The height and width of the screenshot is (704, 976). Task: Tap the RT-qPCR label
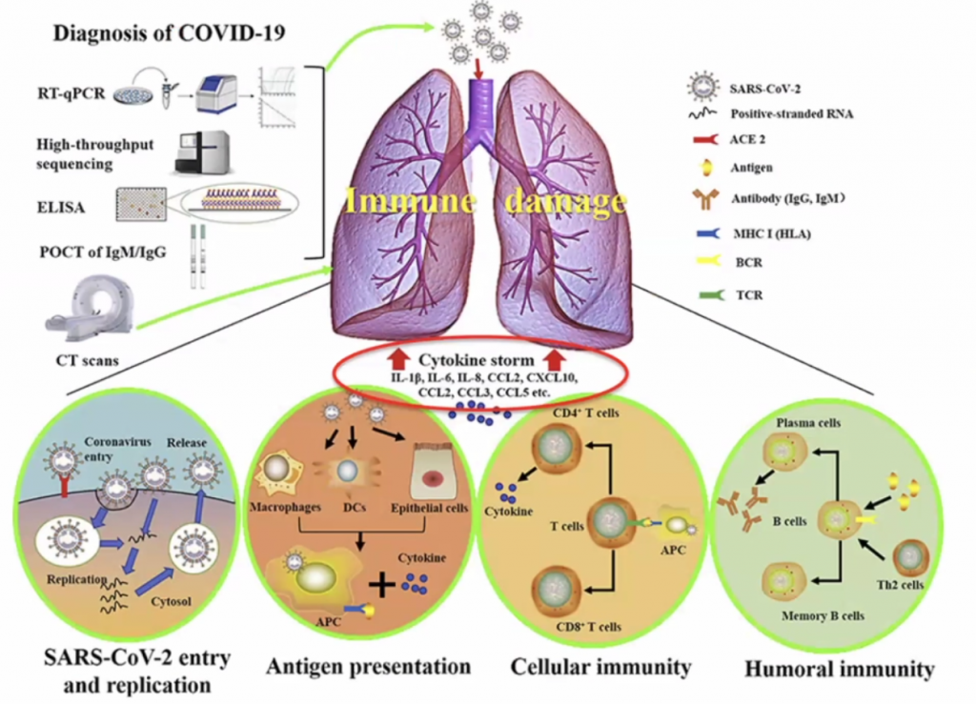[71, 92]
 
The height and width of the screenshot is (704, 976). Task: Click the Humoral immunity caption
[840, 669]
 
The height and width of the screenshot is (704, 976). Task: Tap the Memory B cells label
[822, 615]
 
